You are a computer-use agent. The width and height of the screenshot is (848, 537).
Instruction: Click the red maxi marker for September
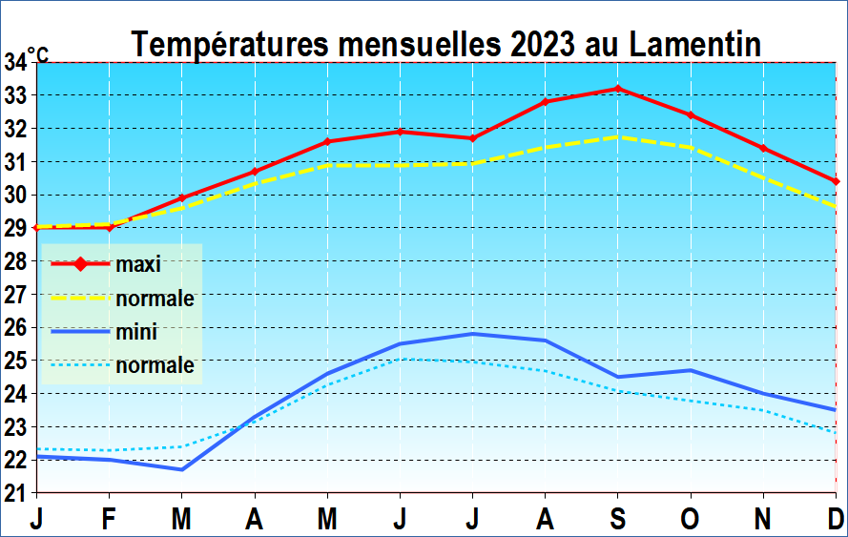(618, 89)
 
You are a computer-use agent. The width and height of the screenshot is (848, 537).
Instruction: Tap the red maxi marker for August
(546, 102)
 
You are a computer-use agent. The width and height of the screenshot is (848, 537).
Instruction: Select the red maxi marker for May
(327, 141)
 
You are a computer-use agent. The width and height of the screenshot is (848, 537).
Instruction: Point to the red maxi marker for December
(836, 181)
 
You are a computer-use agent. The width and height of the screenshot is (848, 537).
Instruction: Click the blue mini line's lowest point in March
(182, 469)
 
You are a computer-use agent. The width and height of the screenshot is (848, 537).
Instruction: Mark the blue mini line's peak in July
(473, 334)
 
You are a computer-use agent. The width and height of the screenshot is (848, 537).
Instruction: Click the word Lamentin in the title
(683, 44)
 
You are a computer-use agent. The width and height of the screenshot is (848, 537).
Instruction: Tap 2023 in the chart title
(544, 44)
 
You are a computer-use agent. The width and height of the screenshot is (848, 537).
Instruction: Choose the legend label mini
(136, 332)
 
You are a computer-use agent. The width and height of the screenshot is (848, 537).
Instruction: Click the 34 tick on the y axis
(16, 63)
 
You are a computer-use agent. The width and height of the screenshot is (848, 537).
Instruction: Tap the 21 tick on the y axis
(16, 493)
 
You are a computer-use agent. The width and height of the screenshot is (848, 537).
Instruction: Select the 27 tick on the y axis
(16, 295)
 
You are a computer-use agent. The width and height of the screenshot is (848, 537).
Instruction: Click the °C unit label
(38, 56)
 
